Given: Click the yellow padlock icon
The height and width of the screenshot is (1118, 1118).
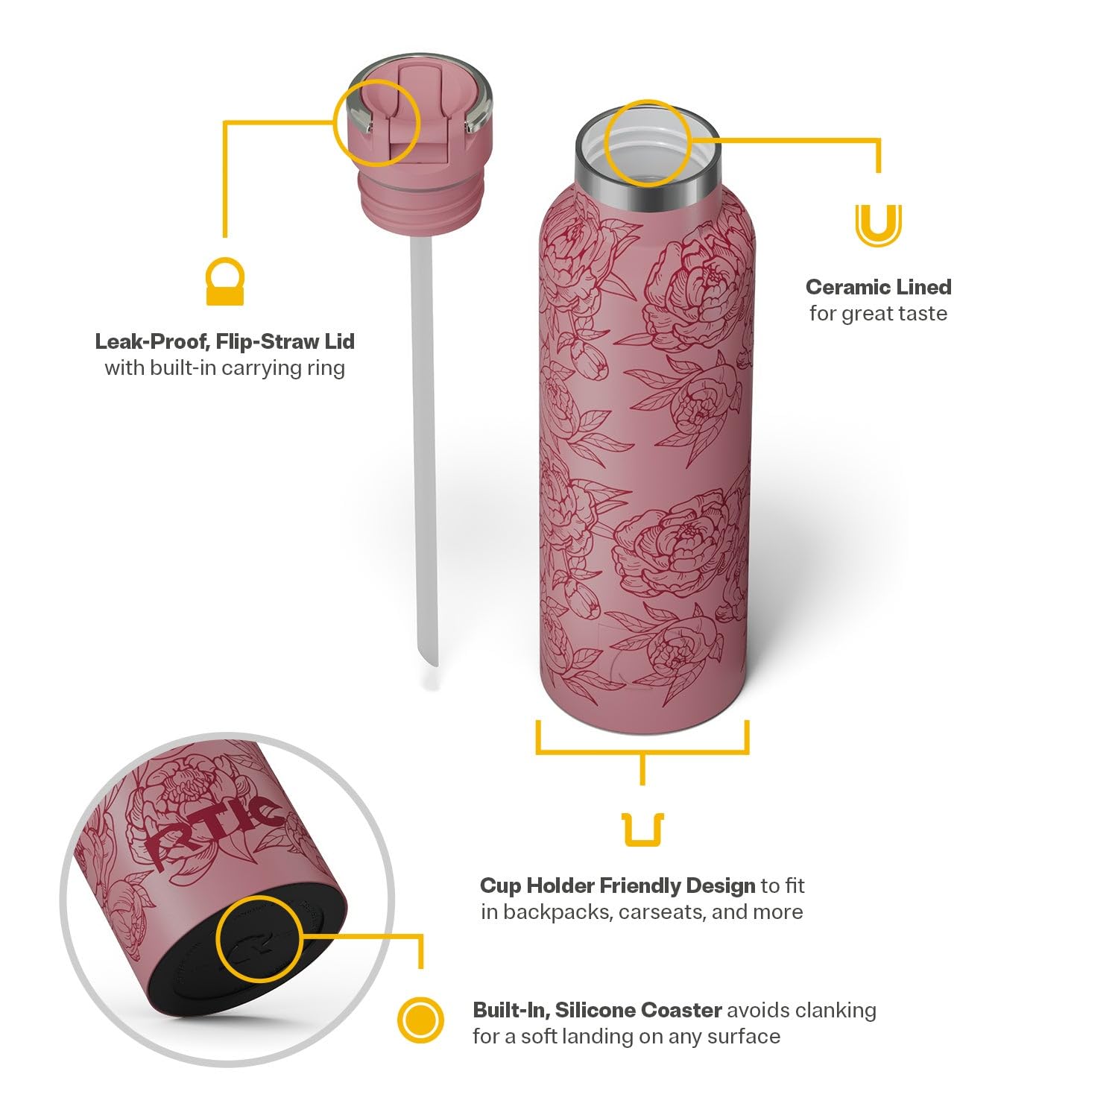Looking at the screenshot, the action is coord(224,281).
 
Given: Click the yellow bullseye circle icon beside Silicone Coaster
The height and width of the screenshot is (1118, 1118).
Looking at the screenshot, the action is coord(420,1020).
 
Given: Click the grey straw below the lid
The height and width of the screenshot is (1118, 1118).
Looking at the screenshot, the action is coord(423,447).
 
